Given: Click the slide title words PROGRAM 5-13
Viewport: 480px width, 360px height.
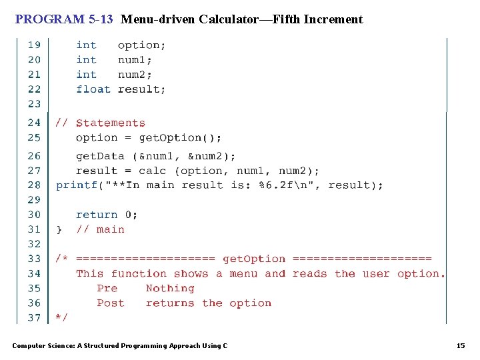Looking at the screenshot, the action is [64, 19].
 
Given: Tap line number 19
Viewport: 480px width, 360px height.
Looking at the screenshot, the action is [34, 45].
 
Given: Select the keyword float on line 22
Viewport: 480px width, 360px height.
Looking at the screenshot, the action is [93, 89].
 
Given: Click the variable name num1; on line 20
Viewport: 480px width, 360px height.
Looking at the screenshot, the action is [135, 60].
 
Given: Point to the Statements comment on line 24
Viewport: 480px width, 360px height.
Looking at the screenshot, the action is [110, 123].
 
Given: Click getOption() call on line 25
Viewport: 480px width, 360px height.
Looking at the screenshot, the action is [180, 138].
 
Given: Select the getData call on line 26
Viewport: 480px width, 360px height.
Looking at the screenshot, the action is [100, 156].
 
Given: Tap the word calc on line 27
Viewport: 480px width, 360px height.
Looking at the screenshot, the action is [152, 171].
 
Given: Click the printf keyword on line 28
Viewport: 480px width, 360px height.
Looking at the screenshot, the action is [77, 185].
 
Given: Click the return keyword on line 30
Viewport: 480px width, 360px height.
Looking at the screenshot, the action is [97, 215].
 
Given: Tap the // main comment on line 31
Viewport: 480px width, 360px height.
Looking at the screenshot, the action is [100, 229].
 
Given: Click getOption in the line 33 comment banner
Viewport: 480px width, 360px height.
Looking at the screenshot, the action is [253, 259].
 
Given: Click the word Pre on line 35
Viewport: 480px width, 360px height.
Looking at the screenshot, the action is [107, 289].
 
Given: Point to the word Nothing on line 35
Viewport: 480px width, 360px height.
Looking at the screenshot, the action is [170, 289].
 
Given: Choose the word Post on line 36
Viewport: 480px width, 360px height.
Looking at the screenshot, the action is [110, 303].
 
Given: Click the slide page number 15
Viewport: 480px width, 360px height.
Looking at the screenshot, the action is [460, 345].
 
